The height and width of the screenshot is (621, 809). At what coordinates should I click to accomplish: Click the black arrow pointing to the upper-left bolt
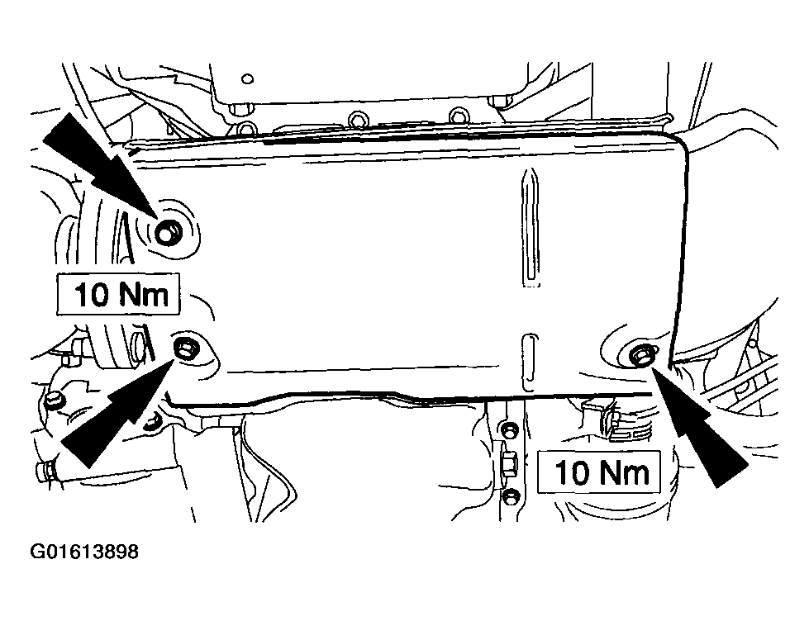[x=101, y=165]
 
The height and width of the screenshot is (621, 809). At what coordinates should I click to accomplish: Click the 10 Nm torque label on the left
[x=118, y=294]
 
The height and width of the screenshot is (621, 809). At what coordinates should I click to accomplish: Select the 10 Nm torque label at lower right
[x=599, y=472]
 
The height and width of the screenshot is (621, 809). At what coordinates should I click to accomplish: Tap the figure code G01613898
[x=84, y=552]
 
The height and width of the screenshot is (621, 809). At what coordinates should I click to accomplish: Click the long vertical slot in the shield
[x=531, y=227]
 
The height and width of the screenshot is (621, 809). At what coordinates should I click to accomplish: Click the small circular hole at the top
[x=248, y=79]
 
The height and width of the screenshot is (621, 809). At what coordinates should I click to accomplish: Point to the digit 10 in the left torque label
[x=93, y=295]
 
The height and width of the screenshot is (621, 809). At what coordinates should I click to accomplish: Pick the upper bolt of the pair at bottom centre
[x=510, y=430]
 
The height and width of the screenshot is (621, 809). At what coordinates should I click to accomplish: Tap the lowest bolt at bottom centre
[x=511, y=496]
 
